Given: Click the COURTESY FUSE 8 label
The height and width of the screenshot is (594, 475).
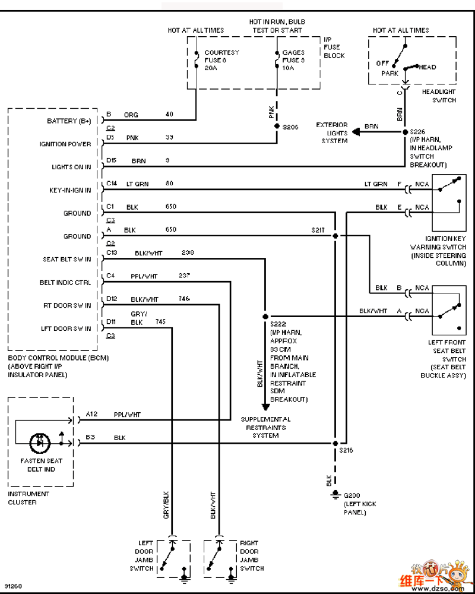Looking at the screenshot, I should pos(221,60).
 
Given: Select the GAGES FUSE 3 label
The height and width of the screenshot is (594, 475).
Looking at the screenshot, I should pos(293,60).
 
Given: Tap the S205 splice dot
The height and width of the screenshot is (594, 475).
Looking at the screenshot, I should pos(277,127).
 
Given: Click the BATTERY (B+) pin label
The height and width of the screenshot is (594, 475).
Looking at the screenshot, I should pos(69,121).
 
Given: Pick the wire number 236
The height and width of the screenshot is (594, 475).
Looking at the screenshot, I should pos(188,252).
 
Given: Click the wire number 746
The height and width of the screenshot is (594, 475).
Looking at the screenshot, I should pos(184,298).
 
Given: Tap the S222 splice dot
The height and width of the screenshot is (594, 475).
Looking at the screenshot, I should pos(265,317).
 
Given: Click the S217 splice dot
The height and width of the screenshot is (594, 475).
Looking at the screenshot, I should pos(335,236).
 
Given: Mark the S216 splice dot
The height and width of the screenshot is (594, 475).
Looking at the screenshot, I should pos(335,443).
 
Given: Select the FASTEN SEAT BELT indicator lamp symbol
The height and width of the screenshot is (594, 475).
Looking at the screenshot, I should pos(40,443).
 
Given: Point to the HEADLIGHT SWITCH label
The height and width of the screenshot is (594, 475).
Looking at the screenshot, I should pos(439,96).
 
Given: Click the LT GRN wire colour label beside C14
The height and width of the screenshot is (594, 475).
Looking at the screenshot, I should pos(138,184).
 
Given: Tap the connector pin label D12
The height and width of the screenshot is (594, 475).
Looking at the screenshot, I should pos(111,298).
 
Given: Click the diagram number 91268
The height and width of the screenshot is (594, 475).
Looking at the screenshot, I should pos(13,586).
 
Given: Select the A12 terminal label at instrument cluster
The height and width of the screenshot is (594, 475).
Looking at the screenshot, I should pos(91,414).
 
